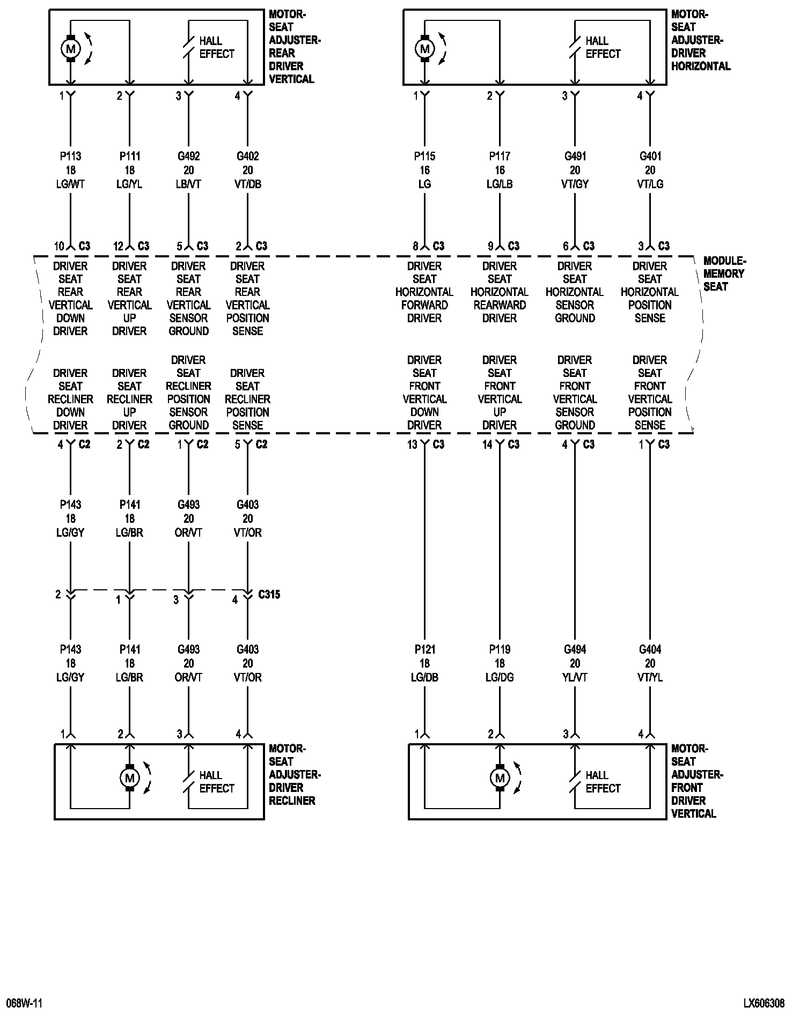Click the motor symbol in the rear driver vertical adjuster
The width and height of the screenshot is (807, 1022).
click(x=70, y=49)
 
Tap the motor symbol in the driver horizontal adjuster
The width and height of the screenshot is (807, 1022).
click(x=424, y=49)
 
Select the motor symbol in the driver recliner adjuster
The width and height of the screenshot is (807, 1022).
click(x=129, y=777)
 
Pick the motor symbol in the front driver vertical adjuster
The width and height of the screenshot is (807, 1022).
click(x=500, y=777)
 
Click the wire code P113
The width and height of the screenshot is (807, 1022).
click(x=70, y=157)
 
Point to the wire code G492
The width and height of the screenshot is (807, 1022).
click(x=188, y=157)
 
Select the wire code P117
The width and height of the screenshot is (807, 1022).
click(x=500, y=157)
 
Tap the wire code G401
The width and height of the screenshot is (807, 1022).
click(x=650, y=157)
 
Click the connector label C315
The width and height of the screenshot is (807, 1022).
click(x=269, y=595)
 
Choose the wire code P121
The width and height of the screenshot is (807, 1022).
click(x=424, y=649)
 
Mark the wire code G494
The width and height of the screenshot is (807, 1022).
click(x=575, y=649)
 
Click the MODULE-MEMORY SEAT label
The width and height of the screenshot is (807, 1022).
click(x=724, y=273)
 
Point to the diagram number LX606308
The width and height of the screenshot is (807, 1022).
click(x=764, y=1003)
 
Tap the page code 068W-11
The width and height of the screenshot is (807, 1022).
click(x=24, y=1003)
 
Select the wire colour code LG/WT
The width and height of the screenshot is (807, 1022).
click(x=70, y=184)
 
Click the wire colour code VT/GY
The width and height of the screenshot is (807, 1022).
click(x=575, y=184)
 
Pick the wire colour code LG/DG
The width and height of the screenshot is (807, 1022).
click(x=500, y=678)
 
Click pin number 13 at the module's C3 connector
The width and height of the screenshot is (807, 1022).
click(x=412, y=445)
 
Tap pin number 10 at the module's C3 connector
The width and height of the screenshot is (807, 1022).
click(x=58, y=247)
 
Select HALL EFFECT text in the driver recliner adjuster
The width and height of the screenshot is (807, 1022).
click(x=216, y=782)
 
